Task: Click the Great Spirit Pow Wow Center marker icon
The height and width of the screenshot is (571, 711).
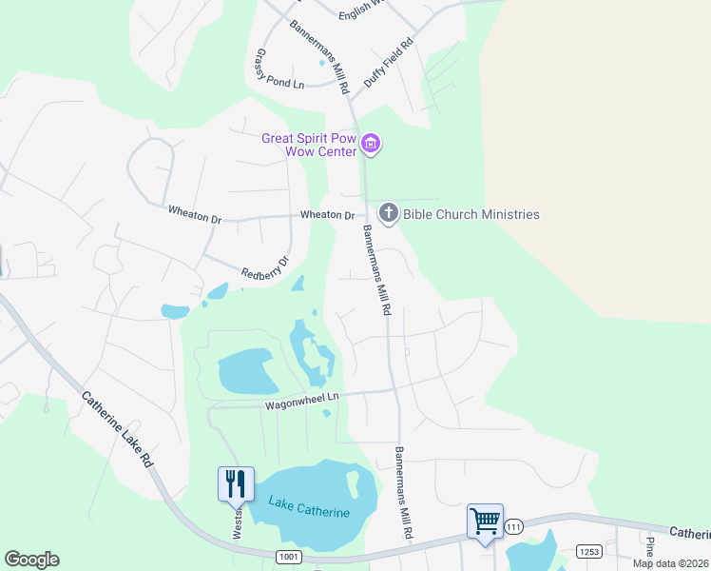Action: [371, 145]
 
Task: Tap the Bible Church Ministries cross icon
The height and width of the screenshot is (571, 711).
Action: [389, 213]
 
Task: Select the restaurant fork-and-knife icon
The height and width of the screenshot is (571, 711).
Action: [235, 482]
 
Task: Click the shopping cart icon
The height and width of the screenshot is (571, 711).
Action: [485, 521]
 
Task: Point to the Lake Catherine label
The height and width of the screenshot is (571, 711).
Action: [309, 507]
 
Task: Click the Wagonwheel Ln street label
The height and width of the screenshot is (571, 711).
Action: [300, 402]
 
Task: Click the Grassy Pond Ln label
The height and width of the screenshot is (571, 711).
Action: [278, 69]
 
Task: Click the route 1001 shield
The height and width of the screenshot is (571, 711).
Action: [289, 555]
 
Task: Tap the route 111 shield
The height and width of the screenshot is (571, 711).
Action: [514, 526]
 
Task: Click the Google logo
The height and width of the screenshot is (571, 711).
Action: [31, 560]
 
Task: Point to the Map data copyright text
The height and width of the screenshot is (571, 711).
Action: [671, 563]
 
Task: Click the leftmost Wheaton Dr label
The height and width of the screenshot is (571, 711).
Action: [194, 214]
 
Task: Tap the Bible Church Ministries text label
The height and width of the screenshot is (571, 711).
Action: [471, 214]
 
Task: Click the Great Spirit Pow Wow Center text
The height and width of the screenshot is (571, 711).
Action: [309, 145]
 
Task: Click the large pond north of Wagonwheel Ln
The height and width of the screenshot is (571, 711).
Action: [247, 371]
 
